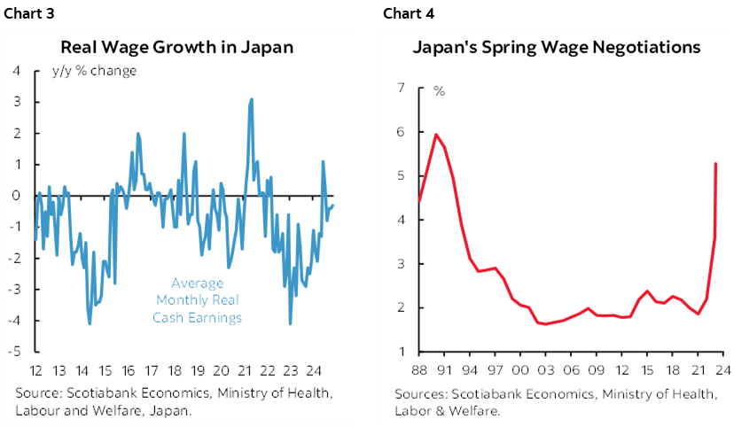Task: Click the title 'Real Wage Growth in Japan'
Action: point(176,46)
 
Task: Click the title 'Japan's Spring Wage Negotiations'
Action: point(557,46)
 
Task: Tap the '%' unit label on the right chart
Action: point(439,89)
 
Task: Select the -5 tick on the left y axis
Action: point(16,352)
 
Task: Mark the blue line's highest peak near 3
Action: point(252,99)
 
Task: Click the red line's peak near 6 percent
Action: point(436,135)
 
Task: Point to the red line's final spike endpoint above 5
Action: point(715,164)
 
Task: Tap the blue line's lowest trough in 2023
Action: point(290,323)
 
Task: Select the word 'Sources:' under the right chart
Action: point(420,392)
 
